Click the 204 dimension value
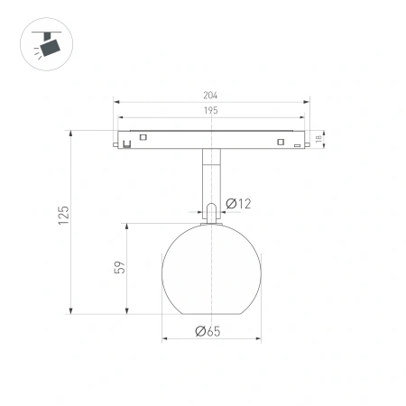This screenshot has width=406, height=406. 211,95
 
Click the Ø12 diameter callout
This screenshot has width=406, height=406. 238,204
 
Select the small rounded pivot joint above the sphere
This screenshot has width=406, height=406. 209,212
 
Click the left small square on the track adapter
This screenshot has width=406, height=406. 141,137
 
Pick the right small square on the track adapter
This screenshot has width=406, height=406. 281,142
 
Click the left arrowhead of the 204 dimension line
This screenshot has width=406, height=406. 117,101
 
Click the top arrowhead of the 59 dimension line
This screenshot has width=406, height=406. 125,221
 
